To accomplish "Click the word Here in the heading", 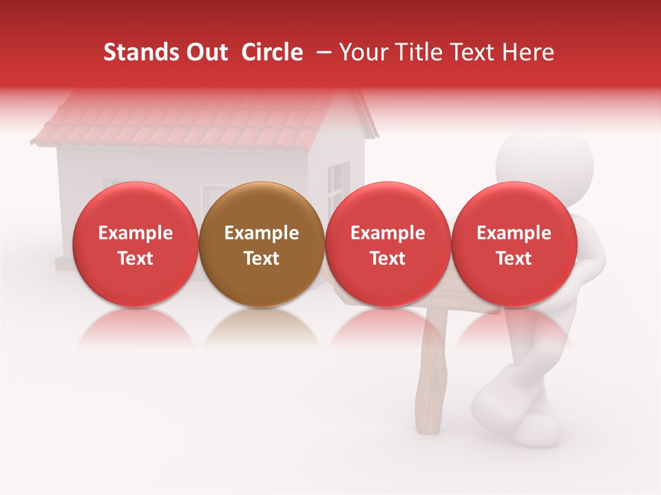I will click(x=529, y=52).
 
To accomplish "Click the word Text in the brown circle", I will click(x=262, y=258).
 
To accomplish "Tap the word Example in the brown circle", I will click(x=262, y=233).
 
